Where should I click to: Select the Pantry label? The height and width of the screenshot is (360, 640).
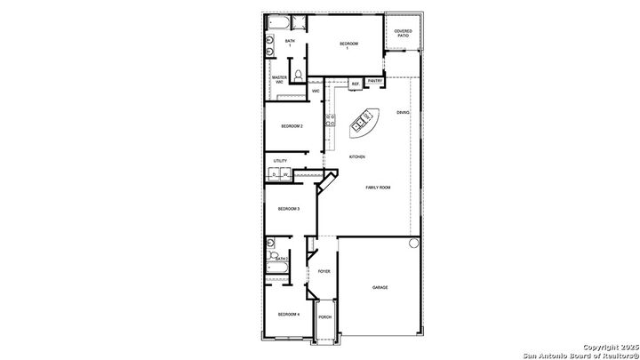point(375,81)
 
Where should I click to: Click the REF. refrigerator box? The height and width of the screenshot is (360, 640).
point(355,84)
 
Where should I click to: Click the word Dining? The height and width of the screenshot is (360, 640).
point(403,113)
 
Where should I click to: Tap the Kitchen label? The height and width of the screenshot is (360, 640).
point(357,157)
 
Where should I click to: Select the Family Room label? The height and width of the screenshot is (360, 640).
point(379,188)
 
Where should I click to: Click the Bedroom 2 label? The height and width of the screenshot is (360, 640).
point(292,126)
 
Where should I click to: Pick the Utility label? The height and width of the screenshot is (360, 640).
point(280,161)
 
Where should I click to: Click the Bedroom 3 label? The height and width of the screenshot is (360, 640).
point(288,209)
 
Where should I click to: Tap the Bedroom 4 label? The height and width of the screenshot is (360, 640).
point(288,315)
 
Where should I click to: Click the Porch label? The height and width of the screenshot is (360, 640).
point(324,316)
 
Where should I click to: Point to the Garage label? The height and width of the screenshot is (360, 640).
point(380,288)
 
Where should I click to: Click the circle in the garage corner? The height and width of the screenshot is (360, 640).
point(412,243)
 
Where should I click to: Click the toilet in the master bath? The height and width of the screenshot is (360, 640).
point(300,75)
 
